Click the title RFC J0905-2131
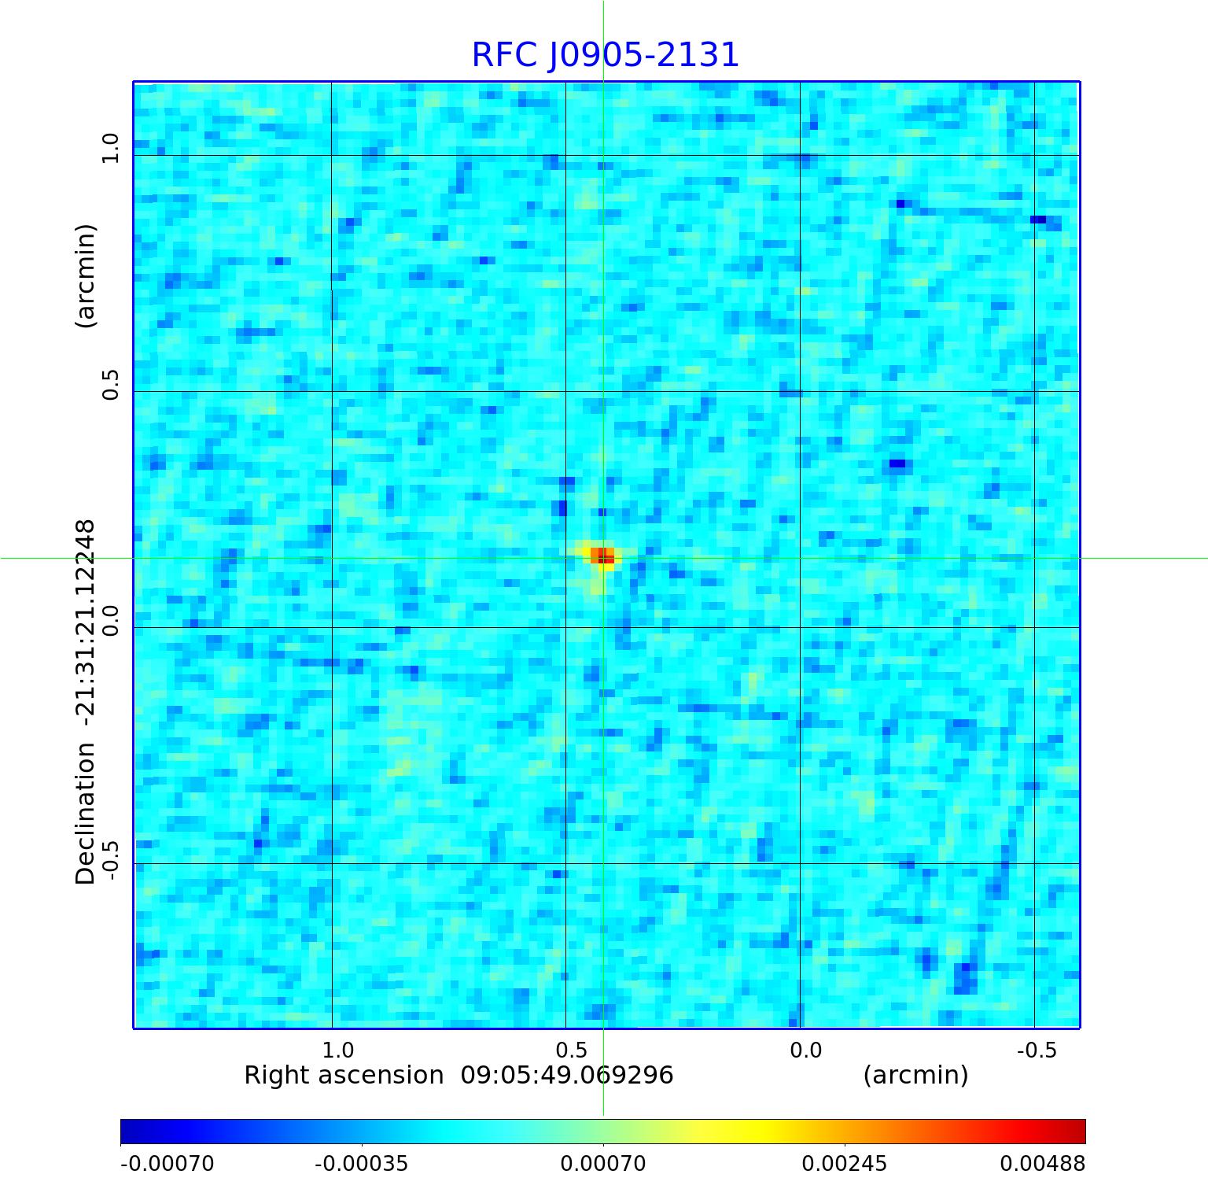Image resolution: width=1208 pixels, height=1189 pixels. pos(605,55)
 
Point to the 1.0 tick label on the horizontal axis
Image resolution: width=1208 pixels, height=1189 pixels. pos(338,1050)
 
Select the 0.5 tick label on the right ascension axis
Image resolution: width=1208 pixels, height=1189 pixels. pos(572,1050)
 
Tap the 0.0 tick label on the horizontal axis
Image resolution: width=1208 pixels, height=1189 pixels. pos(805,1050)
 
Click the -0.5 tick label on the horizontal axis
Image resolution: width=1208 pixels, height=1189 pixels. pos(1037,1050)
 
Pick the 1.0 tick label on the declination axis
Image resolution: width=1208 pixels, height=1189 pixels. pos(110,148)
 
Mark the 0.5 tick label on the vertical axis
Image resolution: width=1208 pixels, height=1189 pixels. pos(110,384)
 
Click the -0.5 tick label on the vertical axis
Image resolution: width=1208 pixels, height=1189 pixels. pos(110,860)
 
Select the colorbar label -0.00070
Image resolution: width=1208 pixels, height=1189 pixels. pos(167,1163)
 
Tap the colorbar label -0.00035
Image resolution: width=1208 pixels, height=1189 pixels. pos(361,1163)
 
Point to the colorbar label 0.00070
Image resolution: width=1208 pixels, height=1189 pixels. pos(602,1163)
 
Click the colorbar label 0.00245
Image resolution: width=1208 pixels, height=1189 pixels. pos(844,1163)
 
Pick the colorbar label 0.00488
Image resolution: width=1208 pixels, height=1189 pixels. pos(1042,1163)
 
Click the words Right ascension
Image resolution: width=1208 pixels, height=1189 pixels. pos(344,1075)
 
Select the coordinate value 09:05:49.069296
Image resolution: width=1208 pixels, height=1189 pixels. pos(566,1075)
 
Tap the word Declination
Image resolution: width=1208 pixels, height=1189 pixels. pos(85,814)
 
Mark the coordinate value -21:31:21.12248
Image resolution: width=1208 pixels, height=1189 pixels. pos(85,622)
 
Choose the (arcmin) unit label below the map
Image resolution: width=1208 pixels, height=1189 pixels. pos(915,1075)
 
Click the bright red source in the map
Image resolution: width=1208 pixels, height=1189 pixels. pos(602,556)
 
